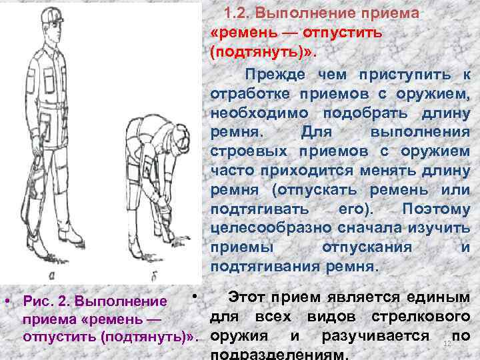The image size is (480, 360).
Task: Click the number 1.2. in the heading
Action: pyautogui.click(x=239, y=13)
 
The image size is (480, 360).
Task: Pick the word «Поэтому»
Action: pyautogui.click(x=436, y=209)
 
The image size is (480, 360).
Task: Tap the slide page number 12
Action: pyautogui.click(x=447, y=342)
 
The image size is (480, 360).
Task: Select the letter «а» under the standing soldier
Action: pyautogui.click(x=52, y=273)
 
